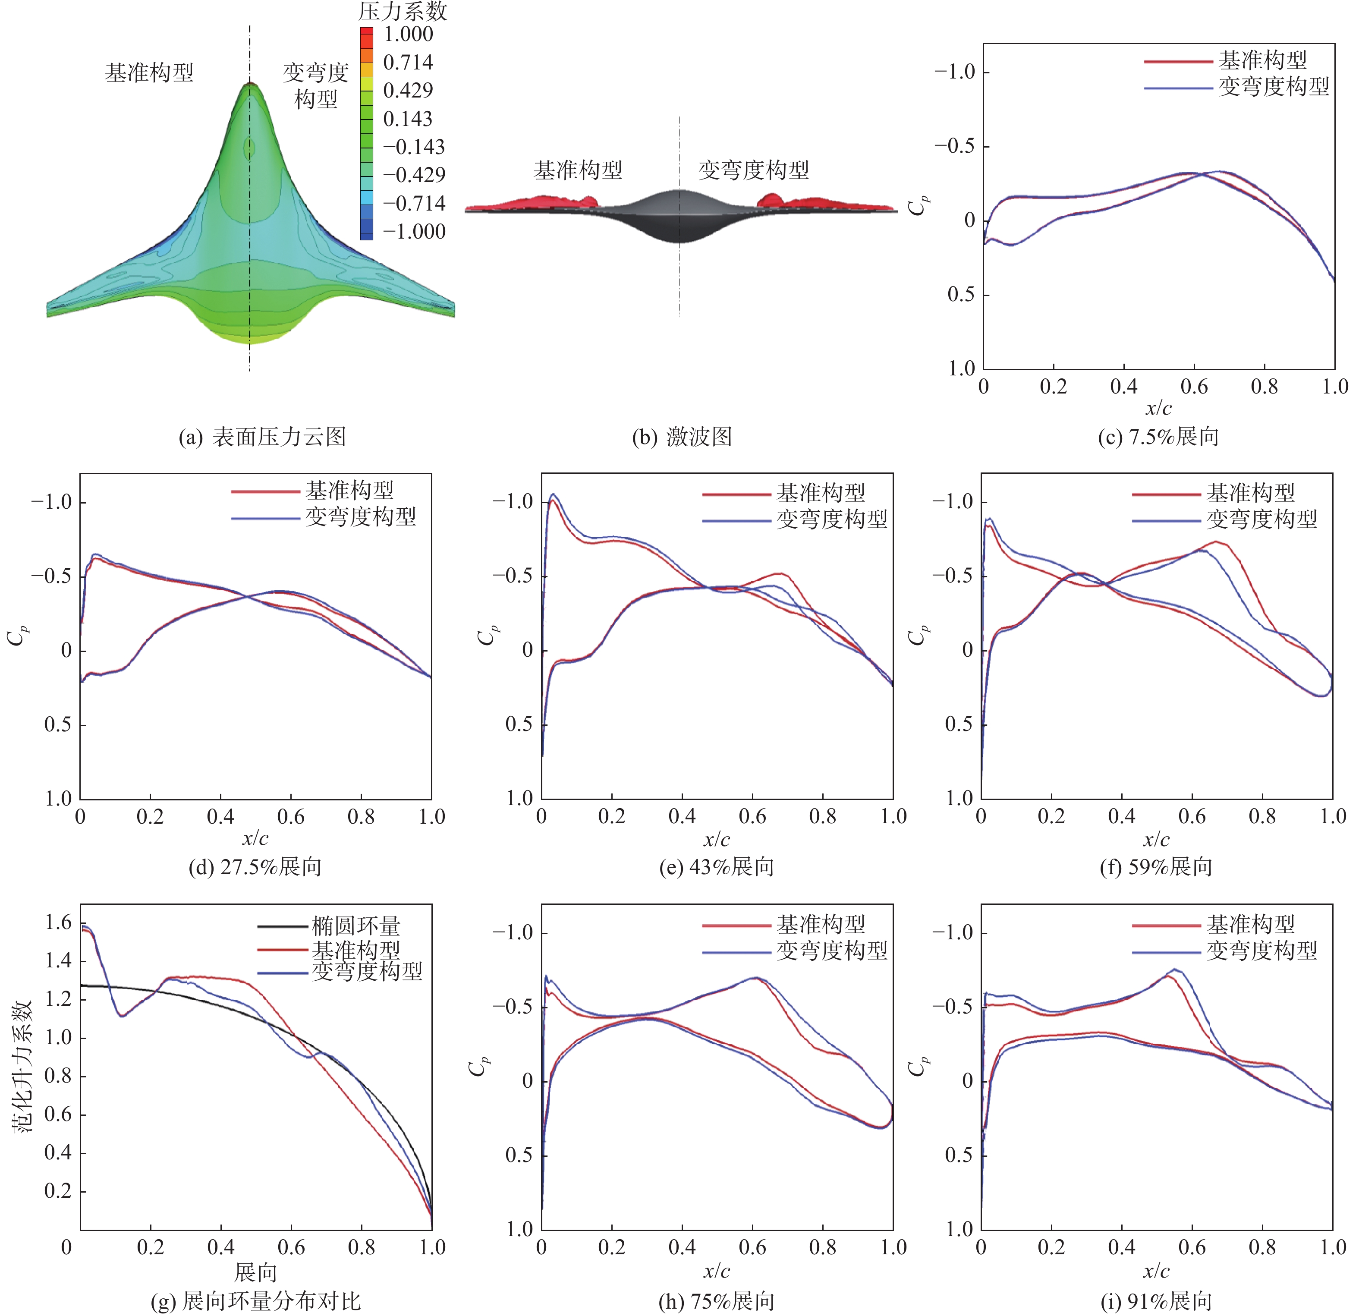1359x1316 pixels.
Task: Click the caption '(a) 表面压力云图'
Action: coord(262,437)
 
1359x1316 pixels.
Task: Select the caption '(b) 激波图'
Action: coord(682,437)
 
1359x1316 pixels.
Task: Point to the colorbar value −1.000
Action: coord(414,232)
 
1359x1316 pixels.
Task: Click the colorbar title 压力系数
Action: coord(402,11)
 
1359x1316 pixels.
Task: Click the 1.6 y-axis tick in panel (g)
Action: coord(58,922)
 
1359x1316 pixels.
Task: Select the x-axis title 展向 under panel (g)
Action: coord(255,1272)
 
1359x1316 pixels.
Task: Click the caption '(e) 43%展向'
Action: coord(716,867)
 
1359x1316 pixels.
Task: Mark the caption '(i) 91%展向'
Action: coord(1156,1301)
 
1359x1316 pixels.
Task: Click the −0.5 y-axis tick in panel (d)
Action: coord(51,576)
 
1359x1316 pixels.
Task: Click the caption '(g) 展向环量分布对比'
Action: coord(255,1301)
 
